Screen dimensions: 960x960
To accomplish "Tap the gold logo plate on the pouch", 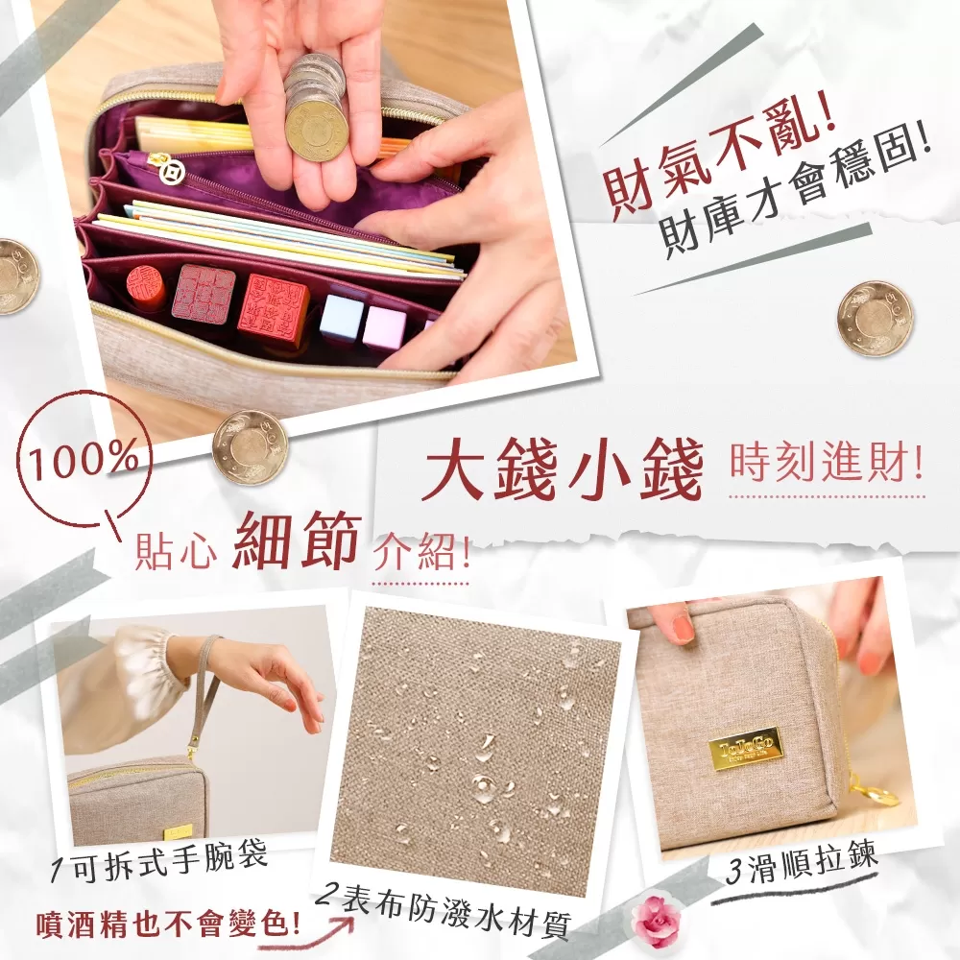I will click(x=746, y=748).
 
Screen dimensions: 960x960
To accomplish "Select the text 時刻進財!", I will click(x=826, y=465).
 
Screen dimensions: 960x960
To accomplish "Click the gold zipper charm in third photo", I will click(x=876, y=793).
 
